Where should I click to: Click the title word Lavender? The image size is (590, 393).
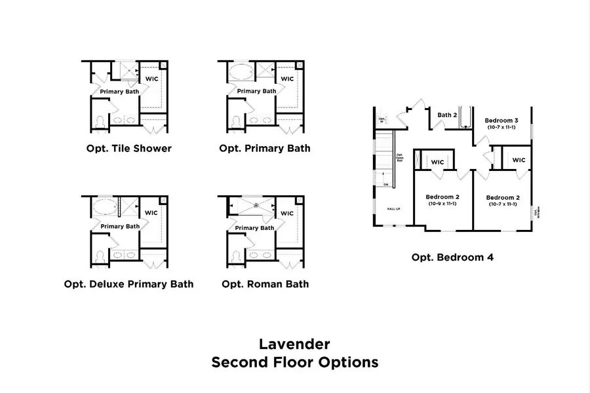[294, 343]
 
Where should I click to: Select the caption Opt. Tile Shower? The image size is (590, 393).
[129, 148]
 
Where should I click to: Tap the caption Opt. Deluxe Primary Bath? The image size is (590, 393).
[129, 284]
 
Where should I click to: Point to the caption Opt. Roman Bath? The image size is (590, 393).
[265, 284]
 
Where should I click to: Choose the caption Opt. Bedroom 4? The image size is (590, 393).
[452, 257]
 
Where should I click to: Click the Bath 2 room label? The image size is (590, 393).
[447, 115]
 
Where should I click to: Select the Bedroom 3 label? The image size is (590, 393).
[501, 121]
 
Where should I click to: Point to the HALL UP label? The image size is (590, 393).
[393, 210]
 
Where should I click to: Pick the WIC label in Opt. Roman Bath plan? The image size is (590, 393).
[287, 213]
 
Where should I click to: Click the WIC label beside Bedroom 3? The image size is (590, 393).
[518, 160]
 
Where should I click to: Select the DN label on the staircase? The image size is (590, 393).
[386, 185]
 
